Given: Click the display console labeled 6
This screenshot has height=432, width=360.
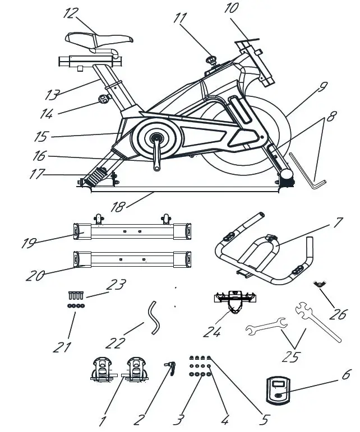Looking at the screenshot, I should (x=278, y=389).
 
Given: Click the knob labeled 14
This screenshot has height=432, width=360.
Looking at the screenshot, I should (x=103, y=100).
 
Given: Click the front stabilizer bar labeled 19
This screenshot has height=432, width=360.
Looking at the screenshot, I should (x=132, y=230).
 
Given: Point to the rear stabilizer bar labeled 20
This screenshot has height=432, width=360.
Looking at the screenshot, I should (x=132, y=259).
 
